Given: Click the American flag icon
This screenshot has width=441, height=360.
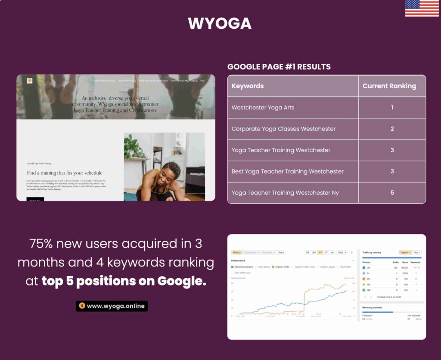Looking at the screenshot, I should pos(422,8).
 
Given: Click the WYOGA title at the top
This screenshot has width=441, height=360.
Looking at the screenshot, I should pos(220,23).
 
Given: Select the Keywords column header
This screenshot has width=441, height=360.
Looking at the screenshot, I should pos(248,86).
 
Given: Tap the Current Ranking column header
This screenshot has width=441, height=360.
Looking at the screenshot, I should pos(389,86).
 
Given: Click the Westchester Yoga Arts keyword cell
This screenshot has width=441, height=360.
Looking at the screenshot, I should pos(263,107).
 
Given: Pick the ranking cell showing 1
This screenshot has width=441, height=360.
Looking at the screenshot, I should pos(392,107).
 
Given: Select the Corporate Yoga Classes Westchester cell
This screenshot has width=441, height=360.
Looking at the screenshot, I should pos(283,129).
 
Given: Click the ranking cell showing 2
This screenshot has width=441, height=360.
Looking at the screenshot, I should pos(392,129).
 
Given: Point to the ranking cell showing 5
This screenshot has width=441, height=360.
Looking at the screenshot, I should pos(392,192).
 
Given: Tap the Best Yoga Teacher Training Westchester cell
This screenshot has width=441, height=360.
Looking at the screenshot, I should pos(287,171).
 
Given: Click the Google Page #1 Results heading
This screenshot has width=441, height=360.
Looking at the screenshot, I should pos(279,67).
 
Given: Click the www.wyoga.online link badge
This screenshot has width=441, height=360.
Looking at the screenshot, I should pos(112,306).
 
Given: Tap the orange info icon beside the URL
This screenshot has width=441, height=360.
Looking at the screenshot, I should pos(82,306).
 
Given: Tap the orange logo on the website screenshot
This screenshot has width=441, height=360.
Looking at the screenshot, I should pos(30,81).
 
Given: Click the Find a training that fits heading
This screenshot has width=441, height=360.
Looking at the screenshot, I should pos(65,173).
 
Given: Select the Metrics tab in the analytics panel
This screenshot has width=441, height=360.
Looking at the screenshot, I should pos(236,252).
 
